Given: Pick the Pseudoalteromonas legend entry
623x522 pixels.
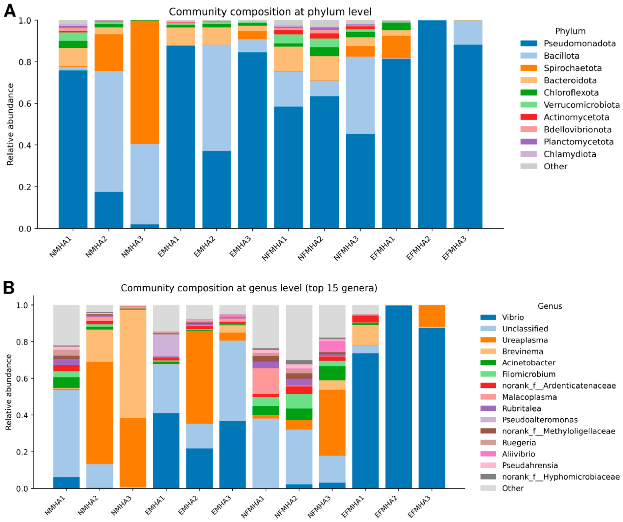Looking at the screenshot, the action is point(529,420).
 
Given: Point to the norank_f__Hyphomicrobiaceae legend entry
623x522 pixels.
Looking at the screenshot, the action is point(550,477).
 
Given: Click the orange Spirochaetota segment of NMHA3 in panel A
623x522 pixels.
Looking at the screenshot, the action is point(145,82).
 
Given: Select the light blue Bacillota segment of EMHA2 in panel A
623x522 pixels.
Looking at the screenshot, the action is point(216,98).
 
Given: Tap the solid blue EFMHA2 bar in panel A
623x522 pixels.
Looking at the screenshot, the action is point(432,124).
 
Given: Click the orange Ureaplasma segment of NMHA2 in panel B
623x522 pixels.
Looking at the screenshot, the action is point(99,413).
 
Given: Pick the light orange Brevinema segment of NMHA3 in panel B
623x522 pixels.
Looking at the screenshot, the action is point(133,364).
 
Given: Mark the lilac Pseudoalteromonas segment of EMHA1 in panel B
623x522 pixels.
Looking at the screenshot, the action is point(166,346).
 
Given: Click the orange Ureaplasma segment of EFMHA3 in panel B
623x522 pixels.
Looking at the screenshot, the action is point(432,316).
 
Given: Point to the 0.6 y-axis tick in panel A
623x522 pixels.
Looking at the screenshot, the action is point(35,103).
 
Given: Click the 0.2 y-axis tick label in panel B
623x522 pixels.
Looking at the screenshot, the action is point(22,452).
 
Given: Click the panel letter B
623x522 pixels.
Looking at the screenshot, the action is point(9,287).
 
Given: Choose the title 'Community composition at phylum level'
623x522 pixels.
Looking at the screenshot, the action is point(270,12).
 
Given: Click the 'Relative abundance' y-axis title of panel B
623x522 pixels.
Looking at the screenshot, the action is point(9,392).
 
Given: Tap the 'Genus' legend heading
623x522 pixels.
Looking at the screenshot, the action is point(550,306).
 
